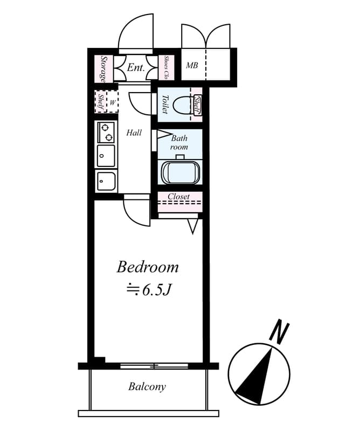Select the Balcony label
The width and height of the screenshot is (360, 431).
(147, 386)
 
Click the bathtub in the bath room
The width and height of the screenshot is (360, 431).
(181, 172)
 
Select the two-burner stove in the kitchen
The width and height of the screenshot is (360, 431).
(106, 131)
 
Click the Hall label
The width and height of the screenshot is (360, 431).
(134, 132)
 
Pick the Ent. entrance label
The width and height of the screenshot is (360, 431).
(135, 68)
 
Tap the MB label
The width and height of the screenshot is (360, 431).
(192, 66)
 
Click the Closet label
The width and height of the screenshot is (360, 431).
(178, 197)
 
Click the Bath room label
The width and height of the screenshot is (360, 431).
(179, 142)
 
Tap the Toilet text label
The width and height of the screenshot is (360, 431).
(165, 104)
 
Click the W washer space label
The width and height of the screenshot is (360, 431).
(113, 101)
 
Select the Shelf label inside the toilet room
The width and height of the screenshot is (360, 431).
(197, 105)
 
